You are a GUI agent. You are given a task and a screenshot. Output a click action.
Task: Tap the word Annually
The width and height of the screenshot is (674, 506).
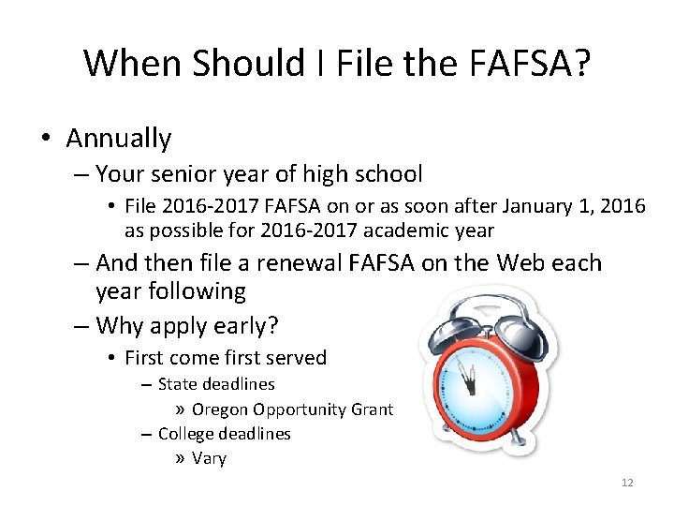click(119, 139)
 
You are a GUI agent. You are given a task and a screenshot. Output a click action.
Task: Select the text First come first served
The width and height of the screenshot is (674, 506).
click(226, 357)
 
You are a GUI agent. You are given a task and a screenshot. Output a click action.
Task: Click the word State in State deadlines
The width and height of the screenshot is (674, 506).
click(178, 384)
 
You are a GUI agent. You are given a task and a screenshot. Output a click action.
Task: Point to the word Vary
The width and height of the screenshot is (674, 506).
click(209, 458)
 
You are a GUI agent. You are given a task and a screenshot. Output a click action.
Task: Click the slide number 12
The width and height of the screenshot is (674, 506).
click(627, 483)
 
